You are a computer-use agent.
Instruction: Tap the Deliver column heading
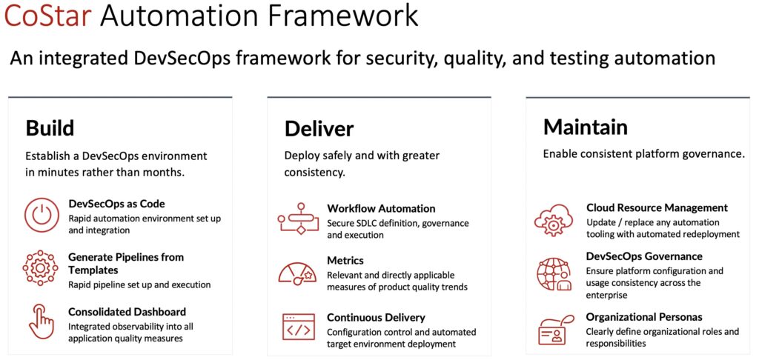coord(319,129)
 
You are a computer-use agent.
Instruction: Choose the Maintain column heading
coord(586,127)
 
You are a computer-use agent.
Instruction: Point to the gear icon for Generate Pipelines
coord(41,267)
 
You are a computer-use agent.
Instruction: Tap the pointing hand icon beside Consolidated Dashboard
coord(42,321)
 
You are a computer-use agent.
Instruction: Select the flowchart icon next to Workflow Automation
coord(298,219)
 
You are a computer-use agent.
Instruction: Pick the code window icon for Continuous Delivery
coord(299,327)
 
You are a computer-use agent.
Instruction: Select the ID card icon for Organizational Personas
coord(556,329)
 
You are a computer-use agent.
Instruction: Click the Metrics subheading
coord(345,261)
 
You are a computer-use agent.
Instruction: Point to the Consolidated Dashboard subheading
coord(127,312)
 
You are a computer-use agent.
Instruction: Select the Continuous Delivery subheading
coord(376,318)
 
